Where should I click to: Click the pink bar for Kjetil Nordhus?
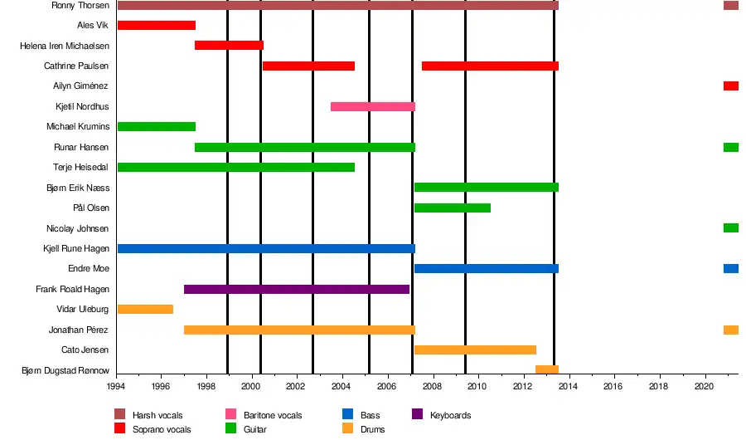click(x=372, y=106)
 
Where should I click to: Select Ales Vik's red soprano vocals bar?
click(x=157, y=25)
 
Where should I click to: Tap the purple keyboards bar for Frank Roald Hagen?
click(x=297, y=289)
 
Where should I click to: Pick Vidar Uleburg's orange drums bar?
click(x=145, y=309)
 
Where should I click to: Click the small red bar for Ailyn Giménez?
click(x=730, y=86)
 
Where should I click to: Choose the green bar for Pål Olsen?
click(x=452, y=208)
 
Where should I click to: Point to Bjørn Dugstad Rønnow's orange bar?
click(x=546, y=369)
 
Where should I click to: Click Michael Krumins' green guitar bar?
click(x=157, y=126)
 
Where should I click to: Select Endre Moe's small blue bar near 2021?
click(x=730, y=268)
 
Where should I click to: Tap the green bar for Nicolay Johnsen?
click(x=730, y=227)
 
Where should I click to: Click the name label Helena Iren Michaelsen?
click(x=65, y=46)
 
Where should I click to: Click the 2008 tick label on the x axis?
click(x=432, y=386)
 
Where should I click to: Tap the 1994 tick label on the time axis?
click(x=118, y=386)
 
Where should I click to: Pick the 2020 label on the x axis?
click(x=704, y=386)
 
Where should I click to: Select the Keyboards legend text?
click(x=450, y=415)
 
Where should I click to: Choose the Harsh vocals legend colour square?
click(x=120, y=414)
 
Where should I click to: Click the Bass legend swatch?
click(x=348, y=414)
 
